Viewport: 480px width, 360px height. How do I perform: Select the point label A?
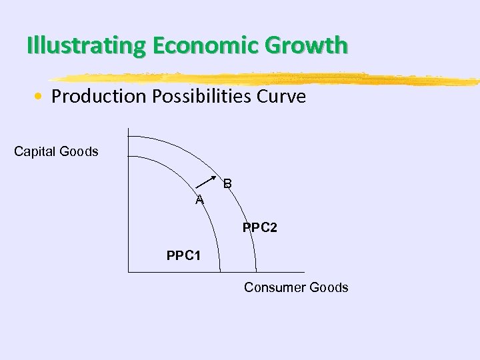(x=199, y=200)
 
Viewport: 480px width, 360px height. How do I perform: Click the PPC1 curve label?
(x=183, y=255)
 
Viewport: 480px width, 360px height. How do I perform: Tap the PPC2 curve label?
(x=260, y=228)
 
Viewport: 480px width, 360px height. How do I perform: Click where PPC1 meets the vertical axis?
(x=128, y=156)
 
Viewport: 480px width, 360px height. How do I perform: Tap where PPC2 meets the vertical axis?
(x=128, y=136)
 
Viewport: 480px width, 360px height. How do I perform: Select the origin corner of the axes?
(x=128, y=272)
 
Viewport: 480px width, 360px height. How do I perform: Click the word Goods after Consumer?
(x=327, y=287)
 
